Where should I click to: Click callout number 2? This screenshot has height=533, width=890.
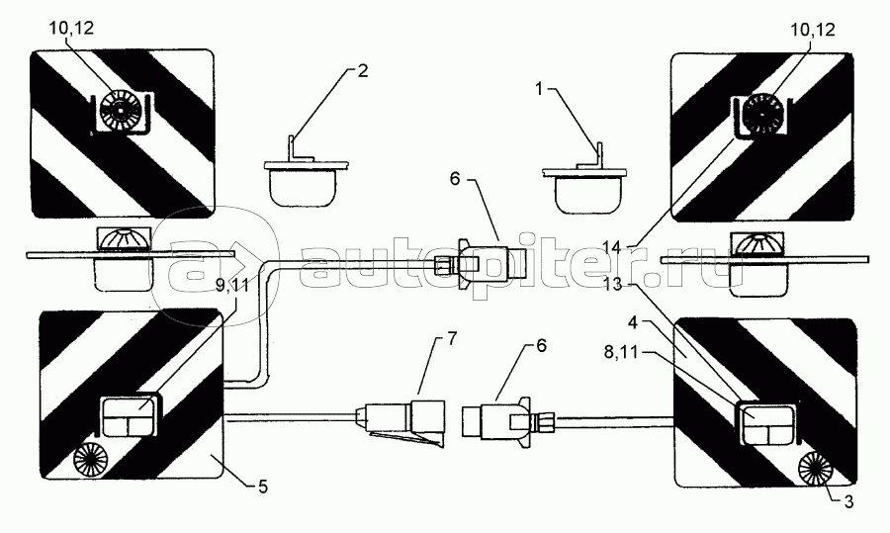pos(362,71)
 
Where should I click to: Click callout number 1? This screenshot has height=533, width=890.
pos(540,89)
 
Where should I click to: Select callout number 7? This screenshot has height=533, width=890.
pos(451,339)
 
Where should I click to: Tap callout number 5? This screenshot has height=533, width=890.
pos(263,487)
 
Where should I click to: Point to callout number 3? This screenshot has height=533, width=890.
pos(847,501)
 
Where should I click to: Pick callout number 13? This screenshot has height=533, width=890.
pos(613,284)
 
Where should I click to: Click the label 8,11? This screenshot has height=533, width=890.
pos(621,353)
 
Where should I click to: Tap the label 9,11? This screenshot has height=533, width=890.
pos(232,286)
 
